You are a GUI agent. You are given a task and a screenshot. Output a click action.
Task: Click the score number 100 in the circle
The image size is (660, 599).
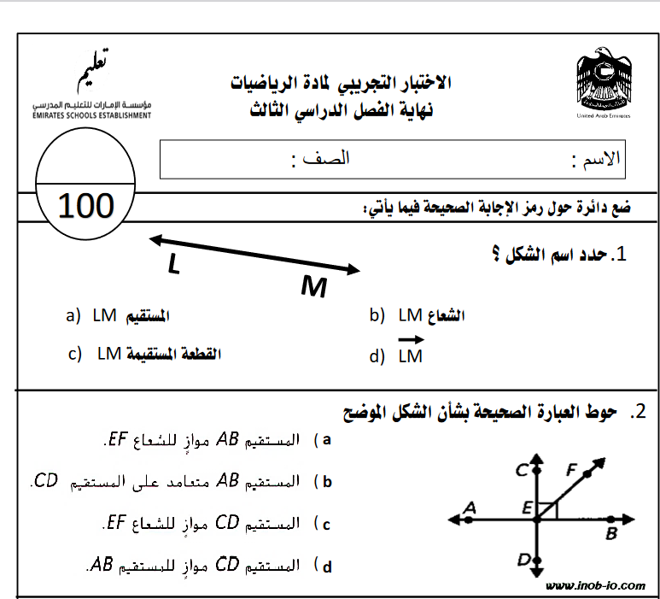point(86,206)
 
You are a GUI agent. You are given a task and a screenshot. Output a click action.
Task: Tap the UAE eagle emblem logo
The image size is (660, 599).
point(604,81)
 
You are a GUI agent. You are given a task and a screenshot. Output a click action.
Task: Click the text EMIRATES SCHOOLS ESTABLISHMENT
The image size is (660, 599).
point(92,115)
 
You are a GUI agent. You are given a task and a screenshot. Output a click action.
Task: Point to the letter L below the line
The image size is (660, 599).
point(174,266)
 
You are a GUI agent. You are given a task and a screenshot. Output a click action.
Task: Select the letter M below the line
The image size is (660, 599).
point(313,288)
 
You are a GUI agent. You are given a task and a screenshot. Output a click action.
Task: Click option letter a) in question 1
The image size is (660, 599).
point(73,316)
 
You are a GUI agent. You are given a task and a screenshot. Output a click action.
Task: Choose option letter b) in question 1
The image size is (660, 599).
point(377,316)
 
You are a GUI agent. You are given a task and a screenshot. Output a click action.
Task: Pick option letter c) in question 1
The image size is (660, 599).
point(75,354)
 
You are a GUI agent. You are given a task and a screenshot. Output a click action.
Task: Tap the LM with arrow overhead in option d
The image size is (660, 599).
point(411,353)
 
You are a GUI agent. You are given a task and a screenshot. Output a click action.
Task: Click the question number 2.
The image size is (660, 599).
point(639,412)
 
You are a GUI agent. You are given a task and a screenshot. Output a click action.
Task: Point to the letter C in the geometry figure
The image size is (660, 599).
point(519,469)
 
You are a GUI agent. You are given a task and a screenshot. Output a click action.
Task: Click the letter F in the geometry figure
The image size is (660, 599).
point(572,469)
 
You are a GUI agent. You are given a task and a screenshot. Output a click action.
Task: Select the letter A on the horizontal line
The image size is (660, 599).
point(468,508)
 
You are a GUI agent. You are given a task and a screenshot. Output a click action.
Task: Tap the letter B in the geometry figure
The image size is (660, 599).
point(610,534)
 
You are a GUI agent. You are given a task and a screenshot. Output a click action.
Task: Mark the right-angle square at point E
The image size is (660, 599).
point(549,510)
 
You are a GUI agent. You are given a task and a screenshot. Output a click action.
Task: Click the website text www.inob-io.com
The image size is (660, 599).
point(595,585)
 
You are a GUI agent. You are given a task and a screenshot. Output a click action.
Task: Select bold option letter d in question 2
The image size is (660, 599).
point(325,565)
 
